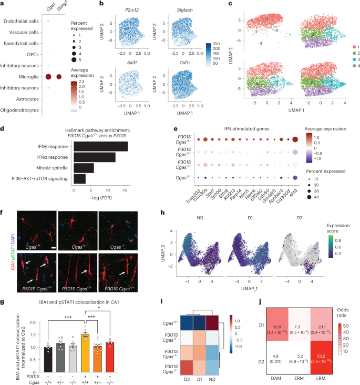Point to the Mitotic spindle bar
pos(84,167)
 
